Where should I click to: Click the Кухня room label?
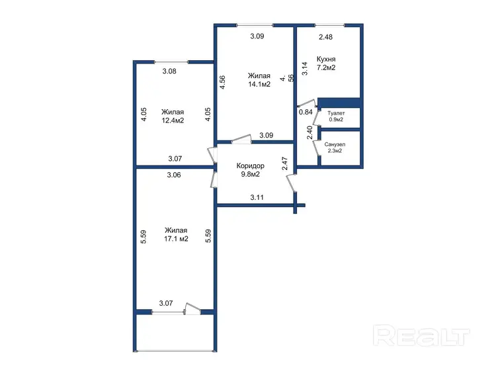point(326,59)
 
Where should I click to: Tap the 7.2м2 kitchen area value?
point(326,68)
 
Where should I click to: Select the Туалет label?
point(336,113)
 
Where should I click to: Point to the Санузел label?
point(335,144)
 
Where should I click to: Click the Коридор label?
point(250,165)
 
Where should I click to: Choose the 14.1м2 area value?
point(259,84)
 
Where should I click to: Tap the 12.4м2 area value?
point(173,120)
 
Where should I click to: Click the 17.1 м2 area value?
point(176,239)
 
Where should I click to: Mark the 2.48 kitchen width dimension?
point(325,37)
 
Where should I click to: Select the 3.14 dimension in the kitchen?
point(305,68)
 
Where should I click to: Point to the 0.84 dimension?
point(306,112)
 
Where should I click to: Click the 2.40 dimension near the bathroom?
point(310,132)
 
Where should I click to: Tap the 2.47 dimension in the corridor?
point(284,163)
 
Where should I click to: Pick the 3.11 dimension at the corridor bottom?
point(257,197)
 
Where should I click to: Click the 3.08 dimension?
point(169,71)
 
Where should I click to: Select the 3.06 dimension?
point(174,175)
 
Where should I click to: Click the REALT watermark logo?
point(422,336)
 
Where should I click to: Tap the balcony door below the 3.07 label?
point(193,308)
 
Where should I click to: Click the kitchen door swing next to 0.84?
point(307,103)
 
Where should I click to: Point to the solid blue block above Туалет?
point(339,103)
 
